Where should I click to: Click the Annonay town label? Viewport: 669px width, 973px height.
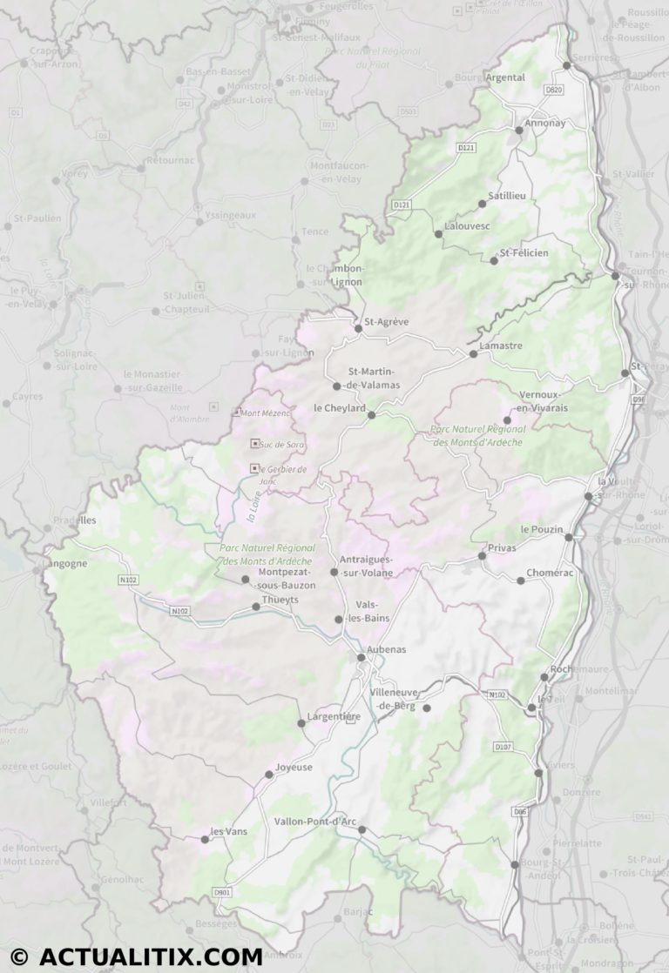click(545, 123)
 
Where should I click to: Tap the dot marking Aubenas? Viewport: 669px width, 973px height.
click(362, 657)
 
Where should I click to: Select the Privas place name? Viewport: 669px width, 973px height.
click(502, 547)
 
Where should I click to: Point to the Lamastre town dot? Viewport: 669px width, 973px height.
click(473, 354)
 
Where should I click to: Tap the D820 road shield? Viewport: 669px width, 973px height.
click(554, 90)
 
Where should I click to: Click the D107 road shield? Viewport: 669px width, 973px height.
click(503, 747)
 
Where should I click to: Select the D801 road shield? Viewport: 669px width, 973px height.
click(223, 892)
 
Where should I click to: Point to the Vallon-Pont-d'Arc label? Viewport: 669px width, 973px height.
click(314, 821)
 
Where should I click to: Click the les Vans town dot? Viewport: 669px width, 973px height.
click(205, 839)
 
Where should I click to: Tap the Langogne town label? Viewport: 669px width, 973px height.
click(65, 563)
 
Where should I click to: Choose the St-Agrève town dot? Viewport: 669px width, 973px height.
click(358, 328)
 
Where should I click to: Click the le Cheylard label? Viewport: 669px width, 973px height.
click(339, 407)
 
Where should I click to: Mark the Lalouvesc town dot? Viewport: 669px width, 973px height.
click(438, 233)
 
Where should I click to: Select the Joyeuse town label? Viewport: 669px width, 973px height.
click(294, 767)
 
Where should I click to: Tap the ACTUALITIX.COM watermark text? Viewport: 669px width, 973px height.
click(150, 956)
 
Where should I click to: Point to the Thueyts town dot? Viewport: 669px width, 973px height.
click(256, 607)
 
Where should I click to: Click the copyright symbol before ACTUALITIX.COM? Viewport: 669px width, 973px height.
click(19, 956)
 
